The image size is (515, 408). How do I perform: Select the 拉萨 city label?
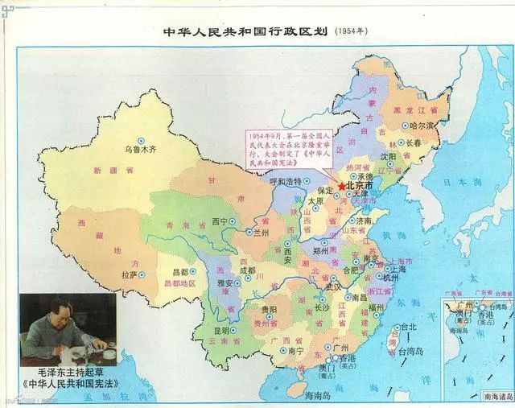(x=129, y=274)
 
